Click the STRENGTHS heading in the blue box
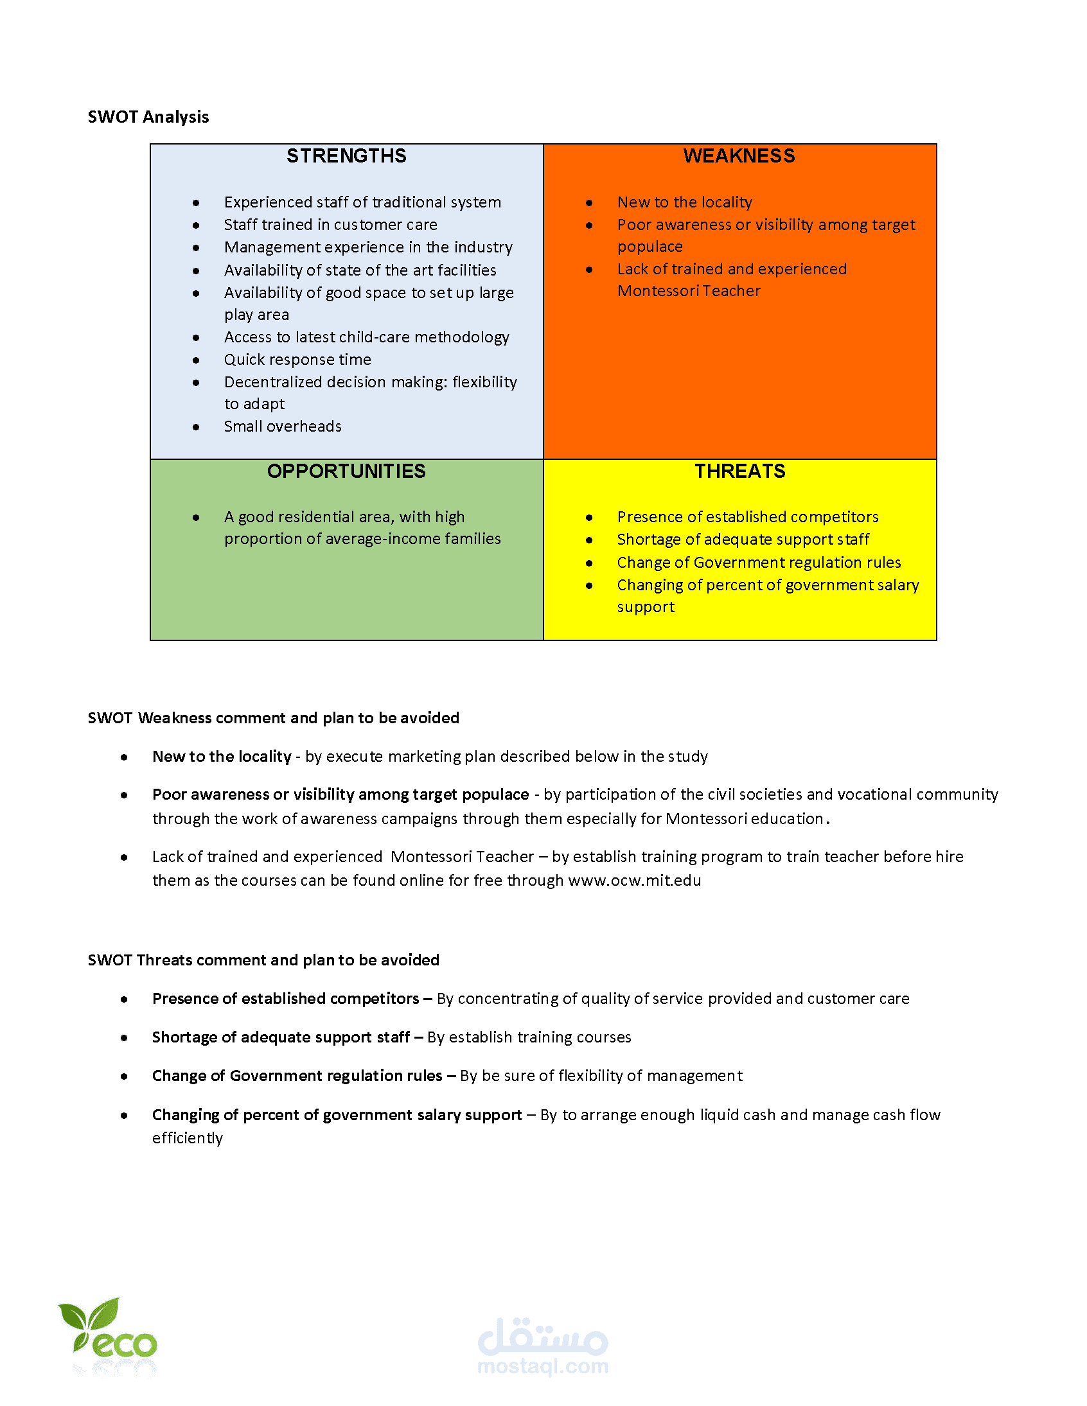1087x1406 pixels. tap(346, 156)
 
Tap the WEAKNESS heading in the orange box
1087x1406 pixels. tap(739, 156)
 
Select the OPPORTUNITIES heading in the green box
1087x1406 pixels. tap(346, 471)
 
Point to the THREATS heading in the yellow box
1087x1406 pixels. tap(739, 471)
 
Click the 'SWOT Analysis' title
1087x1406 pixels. tap(148, 117)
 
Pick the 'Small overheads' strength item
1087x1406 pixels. tap(283, 426)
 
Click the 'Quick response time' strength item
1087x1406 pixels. tap(297, 359)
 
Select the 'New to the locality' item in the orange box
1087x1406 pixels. tap(685, 202)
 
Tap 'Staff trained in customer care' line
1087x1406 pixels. tap(330, 225)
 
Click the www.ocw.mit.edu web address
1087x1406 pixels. tap(634, 880)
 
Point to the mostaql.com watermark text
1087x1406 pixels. tap(543, 1366)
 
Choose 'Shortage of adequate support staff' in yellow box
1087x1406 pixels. tap(743, 540)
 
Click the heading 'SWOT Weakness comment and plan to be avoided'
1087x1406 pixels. tap(273, 718)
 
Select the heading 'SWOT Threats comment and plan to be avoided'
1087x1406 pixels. tap(263, 960)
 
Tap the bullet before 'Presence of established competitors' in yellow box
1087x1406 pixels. tap(588, 518)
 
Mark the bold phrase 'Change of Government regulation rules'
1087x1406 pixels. tap(297, 1076)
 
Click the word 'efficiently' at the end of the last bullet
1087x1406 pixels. tap(188, 1138)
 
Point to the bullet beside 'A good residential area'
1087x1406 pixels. tap(196, 518)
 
